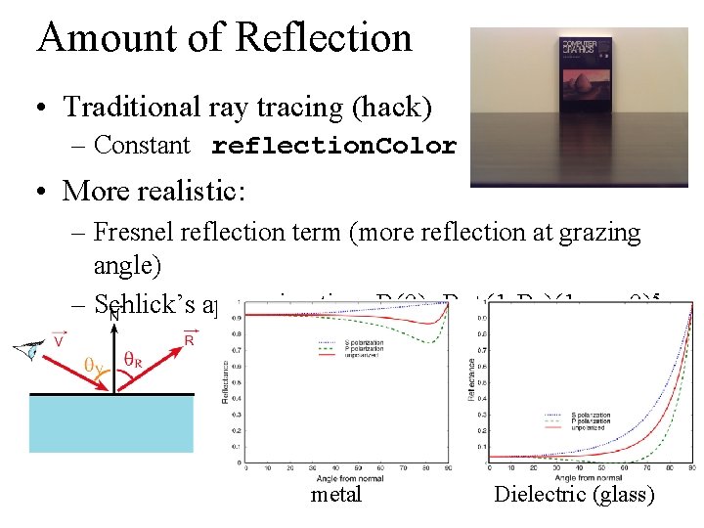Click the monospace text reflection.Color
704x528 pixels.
tap(333, 147)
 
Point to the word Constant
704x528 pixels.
tap(143, 146)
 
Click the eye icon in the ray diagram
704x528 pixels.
tap(32, 349)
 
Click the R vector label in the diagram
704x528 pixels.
tap(188, 341)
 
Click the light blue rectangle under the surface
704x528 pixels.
tap(112, 423)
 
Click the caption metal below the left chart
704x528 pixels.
tap(336, 495)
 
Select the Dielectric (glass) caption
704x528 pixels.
tap(575, 495)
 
